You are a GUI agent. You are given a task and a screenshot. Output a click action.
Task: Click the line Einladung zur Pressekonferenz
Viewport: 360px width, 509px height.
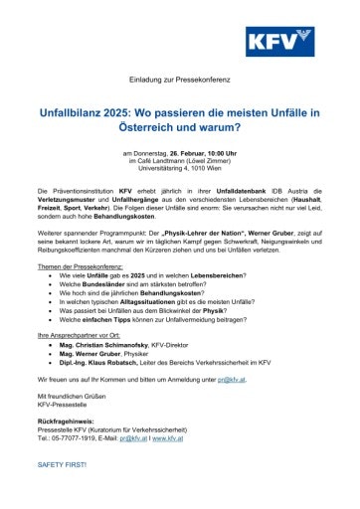(x=179, y=79)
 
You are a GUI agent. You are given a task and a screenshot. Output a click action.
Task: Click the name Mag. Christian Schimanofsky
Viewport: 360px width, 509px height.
(x=108, y=340)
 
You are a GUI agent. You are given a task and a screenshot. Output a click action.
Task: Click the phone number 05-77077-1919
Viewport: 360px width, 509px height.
(x=74, y=437)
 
